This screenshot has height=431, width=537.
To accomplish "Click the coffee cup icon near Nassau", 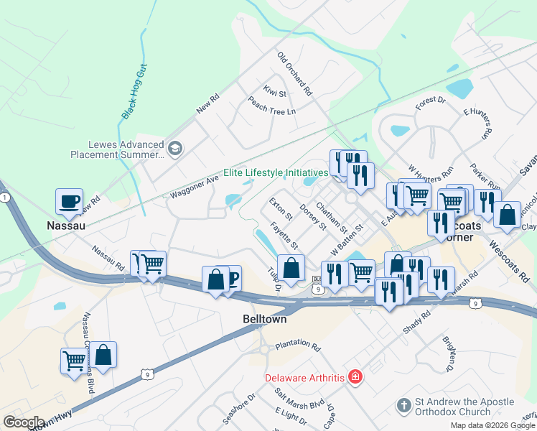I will point(70,202).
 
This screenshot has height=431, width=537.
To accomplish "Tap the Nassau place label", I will point(67,226).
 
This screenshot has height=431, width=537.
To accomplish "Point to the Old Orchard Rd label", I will point(295,74).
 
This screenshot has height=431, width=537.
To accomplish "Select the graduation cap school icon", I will point(175,149).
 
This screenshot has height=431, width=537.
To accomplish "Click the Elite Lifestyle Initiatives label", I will point(275,172).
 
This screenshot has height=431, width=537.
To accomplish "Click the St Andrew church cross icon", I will point(404,407).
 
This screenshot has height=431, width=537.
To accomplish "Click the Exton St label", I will point(281,209).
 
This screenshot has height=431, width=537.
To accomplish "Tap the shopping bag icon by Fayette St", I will point(291,268).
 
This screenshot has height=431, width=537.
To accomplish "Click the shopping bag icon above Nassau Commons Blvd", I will point(103,354).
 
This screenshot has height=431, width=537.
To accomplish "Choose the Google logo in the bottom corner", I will point(23,422).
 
